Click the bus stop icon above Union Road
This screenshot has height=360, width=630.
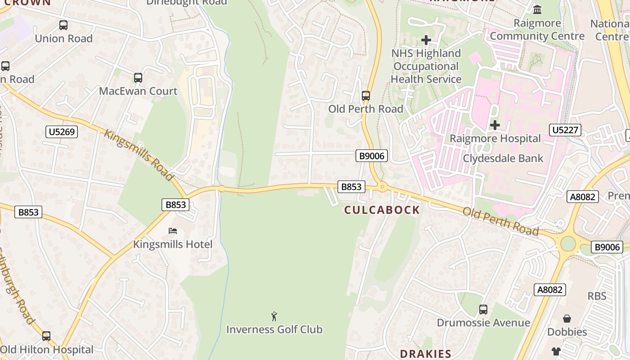click(x=63, y=25)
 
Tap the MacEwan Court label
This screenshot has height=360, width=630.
click(x=138, y=91)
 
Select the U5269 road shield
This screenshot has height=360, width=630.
click(x=62, y=132)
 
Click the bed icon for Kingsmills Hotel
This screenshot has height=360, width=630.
click(x=173, y=231)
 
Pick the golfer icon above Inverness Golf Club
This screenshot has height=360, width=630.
click(x=274, y=316)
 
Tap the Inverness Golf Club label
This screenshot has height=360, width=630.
click(x=274, y=329)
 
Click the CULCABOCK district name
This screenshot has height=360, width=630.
click(x=382, y=210)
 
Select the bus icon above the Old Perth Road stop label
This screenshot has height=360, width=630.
click(x=366, y=96)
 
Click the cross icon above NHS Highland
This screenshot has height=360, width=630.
click(x=426, y=40)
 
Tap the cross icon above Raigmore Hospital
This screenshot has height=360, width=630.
click(x=495, y=125)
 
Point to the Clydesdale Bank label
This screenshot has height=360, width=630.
click(x=503, y=158)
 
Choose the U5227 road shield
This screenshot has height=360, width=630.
click(x=565, y=130)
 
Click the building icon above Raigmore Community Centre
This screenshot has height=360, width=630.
click(x=537, y=9)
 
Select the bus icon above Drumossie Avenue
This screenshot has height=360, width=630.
click(x=483, y=310)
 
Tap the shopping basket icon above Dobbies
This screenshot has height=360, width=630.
click(x=567, y=319)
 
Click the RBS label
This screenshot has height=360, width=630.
click(x=597, y=296)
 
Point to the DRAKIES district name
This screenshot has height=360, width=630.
click(x=425, y=354)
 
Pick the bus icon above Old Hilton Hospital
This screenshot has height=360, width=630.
click(x=46, y=336)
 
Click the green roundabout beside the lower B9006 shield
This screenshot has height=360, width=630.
click(x=568, y=244)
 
